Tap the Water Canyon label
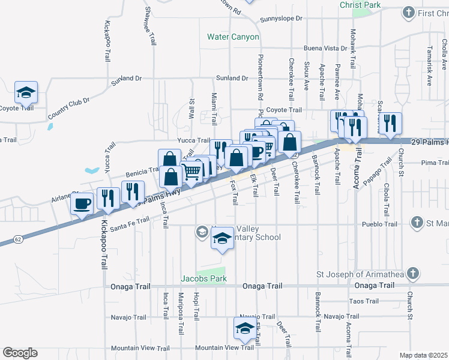click(x=233, y=37)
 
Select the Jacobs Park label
click(x=204, y=279)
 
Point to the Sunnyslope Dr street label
click(x=282, y=19)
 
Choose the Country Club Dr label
click(x=68, y=108)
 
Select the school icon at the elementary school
click(x=222, y=239)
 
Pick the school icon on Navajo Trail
click(x=244, y=328)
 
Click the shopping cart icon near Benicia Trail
click(x=191, y=172)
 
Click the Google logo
click(x=20, y=353)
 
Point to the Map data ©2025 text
click(x=423, y=355)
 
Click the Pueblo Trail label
click(x=379, y=224)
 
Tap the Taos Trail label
click(x=364, y=301)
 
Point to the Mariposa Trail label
click(x=180, y=306)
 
